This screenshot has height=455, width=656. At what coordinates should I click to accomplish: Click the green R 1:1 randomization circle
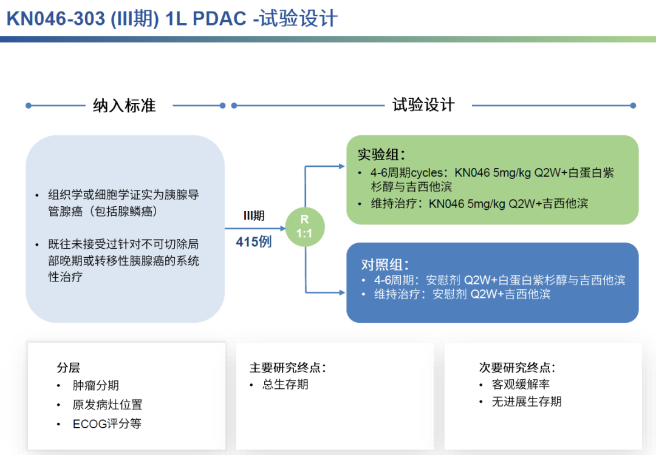point(305,227)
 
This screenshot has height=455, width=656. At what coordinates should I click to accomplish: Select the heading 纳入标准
point(125,106)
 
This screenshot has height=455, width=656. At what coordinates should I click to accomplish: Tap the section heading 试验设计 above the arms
point(423,105)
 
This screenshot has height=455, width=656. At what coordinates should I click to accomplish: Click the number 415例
point(254,241)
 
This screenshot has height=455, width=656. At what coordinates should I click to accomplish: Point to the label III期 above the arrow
point(254,215)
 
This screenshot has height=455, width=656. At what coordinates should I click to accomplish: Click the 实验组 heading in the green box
point(381,155)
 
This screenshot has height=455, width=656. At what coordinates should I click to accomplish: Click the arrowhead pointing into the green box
point(341,166)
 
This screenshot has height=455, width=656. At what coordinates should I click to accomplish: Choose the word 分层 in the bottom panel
point(69,368)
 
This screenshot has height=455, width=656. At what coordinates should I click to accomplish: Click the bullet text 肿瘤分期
point(96,385)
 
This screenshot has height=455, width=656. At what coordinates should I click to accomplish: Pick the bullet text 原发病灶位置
point(108,405)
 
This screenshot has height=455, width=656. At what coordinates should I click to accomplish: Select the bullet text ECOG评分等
point(107,423)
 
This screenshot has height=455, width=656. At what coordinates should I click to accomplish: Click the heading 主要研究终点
point(288,368)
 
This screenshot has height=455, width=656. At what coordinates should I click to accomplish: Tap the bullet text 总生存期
point(285,385)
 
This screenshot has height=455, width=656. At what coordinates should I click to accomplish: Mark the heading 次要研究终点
point(517,368)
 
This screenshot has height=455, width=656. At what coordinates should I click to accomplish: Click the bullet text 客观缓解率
point(521,385)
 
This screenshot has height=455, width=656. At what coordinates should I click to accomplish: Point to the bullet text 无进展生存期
point(527,402)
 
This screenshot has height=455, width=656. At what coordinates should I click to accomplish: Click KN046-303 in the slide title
point(55,19)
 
